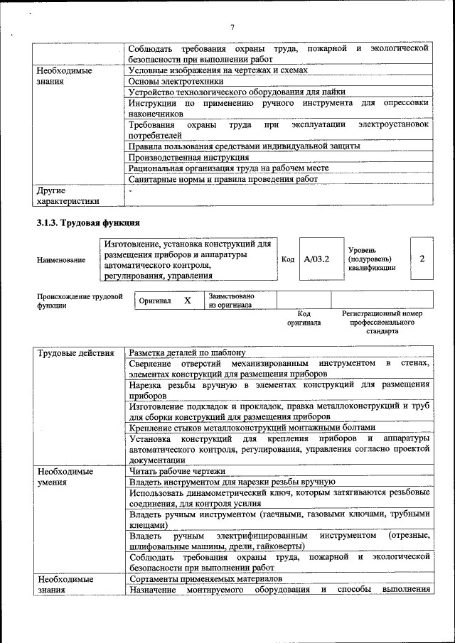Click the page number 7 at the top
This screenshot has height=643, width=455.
click(232, 27)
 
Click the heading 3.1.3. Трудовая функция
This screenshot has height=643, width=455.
click(87, 222)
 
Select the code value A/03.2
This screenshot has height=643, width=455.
click(316, 259)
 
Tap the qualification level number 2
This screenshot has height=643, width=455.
click(422, 259)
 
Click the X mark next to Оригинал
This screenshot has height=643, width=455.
click(188, 301)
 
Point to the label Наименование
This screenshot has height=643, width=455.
click(60, 260)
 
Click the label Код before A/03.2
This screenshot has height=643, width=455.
click(288, 259)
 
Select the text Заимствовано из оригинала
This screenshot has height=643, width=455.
click(231, 301)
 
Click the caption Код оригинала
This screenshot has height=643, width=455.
click(304, 318)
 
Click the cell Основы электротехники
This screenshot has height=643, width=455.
click(171, 81)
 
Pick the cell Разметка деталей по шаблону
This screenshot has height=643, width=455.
click(187, 353)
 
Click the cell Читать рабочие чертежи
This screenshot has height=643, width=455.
click(177, 470)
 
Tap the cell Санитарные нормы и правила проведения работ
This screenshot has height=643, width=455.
click(223, 180)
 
